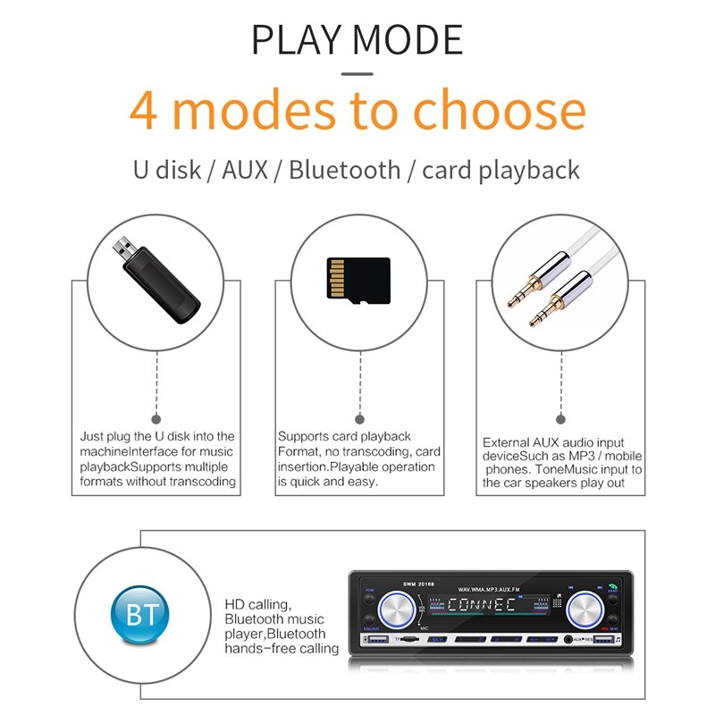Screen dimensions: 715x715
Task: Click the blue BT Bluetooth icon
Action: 139,616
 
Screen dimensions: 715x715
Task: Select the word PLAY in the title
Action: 298,40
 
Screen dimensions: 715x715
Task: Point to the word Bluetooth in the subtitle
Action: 345,170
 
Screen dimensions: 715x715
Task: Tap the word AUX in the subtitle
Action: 243,170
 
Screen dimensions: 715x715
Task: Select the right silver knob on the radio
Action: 585,612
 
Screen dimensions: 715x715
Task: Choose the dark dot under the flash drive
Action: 157,418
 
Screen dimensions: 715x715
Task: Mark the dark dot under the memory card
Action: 359,418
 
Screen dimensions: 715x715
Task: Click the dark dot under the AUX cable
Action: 560,418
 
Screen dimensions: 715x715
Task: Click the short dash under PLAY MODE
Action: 357,73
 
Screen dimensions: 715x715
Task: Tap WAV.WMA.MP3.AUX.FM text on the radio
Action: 488,590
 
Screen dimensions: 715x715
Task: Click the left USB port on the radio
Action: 377,640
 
